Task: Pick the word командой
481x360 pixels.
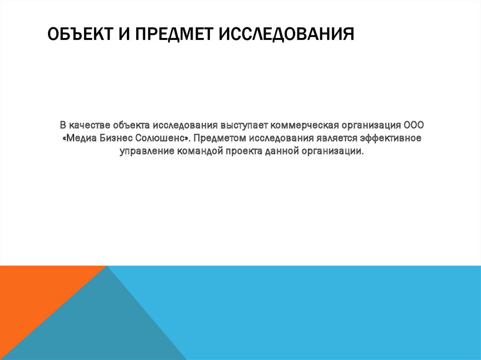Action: [x=201, y=152]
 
